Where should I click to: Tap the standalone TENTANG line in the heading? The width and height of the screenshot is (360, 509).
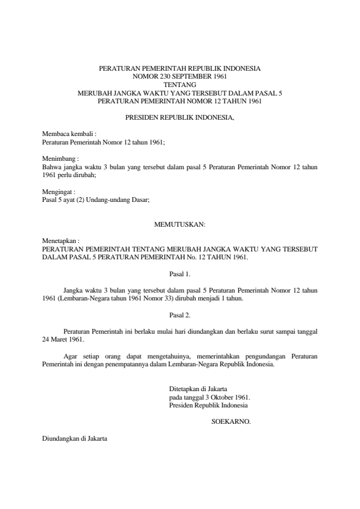tap(180, 85)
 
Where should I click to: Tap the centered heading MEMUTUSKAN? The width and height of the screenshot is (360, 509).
tap(180, 224)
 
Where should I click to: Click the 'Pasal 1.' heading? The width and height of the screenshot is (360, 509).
tap(180, 273)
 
